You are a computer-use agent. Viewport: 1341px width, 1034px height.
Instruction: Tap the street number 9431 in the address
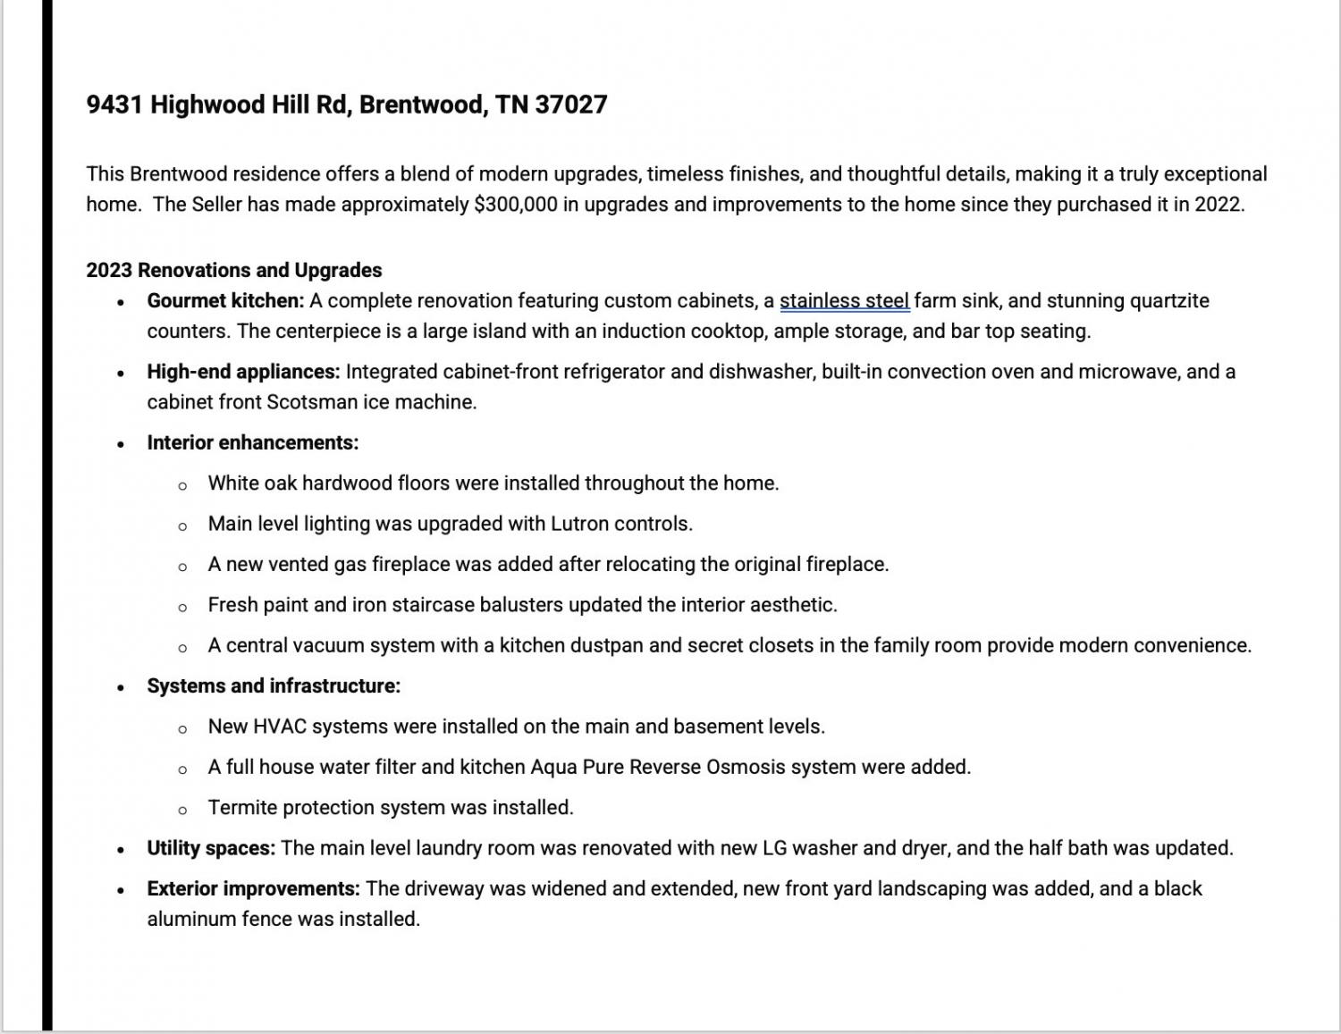[x=114, y=105]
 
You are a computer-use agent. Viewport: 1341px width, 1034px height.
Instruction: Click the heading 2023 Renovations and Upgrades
[x=234, y=270]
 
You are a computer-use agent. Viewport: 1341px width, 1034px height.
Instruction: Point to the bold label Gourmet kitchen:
[x=225, y=300]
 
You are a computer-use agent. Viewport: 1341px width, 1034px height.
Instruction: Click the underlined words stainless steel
[x=844, y=300]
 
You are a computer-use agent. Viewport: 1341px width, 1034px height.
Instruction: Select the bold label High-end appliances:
[x=243, y=371]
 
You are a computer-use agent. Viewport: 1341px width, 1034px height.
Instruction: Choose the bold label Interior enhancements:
[x=253, y=442]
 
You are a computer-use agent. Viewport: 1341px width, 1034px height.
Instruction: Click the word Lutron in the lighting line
[x=578, y=524]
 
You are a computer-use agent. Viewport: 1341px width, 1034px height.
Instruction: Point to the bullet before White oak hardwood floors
[x=182, y=485]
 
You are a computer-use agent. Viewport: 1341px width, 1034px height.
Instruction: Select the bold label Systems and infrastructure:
[x=274, y=685]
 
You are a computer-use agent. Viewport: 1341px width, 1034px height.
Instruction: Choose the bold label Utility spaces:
[x=211, y=848]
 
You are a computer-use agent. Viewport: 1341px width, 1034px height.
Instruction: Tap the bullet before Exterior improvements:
[x=121, y=890]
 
